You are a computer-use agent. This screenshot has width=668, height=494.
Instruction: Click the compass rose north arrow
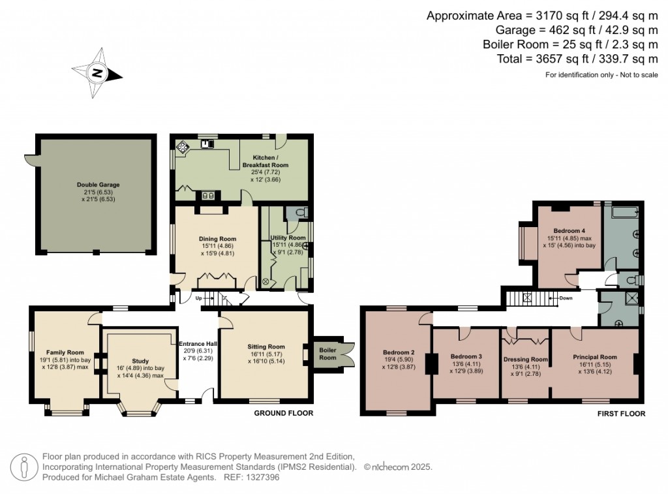97,72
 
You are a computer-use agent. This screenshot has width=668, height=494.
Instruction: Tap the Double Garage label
98,185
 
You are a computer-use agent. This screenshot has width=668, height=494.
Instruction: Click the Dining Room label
217,239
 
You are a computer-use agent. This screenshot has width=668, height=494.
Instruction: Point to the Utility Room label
288,238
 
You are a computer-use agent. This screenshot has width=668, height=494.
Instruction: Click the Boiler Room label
327,354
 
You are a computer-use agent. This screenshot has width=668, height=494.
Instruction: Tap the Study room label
140,361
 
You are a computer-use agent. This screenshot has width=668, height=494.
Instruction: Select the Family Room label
65,352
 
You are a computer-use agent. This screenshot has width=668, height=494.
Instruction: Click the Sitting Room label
266,347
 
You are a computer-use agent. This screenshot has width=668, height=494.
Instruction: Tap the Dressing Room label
526,359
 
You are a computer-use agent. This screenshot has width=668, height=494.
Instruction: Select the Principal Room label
594,357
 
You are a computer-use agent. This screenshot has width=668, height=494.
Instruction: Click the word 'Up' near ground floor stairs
199,298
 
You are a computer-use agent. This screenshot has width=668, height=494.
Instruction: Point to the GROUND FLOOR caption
283,413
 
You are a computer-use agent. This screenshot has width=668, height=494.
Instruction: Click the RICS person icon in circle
25,467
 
